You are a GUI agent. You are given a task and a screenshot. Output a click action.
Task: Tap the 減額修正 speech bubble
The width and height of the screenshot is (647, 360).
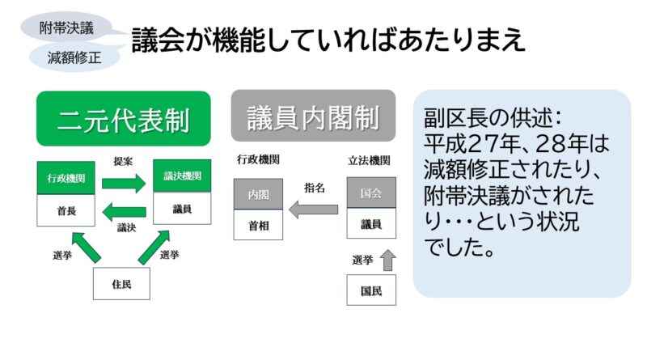tap(74, 57)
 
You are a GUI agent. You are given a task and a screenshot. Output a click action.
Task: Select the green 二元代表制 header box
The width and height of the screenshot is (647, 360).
tap(124, 119)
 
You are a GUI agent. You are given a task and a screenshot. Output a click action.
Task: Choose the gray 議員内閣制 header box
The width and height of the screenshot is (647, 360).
tap(313, 116)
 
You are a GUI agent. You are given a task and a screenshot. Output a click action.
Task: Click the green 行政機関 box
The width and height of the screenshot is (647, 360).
tap(66, 178)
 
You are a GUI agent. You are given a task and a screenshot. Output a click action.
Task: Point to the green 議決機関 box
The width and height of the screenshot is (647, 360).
tap(182, 176)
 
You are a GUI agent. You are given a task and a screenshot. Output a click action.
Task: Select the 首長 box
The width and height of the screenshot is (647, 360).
tap(66, 210)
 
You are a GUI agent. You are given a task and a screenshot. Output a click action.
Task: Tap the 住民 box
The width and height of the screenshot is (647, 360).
tap(121, 284)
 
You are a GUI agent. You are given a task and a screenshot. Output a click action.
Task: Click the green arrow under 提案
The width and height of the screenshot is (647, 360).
tap(124, 183)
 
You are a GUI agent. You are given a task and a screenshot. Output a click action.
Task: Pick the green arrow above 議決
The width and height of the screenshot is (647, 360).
tap(124, 212)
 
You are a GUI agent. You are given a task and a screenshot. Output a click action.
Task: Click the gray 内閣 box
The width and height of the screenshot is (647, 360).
tap(258, 194)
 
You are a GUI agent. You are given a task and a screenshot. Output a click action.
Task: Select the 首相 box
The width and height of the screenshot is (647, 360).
tap(258, 225)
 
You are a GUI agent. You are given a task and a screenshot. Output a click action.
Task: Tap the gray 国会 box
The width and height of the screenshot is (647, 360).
tap(371, 193)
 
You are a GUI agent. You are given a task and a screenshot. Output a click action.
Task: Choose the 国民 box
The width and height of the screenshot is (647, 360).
tap(371, 290)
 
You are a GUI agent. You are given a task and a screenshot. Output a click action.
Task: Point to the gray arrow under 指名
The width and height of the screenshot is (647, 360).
tap(313, 210)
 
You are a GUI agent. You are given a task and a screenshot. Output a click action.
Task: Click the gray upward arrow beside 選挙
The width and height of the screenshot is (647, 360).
tap(387, 260)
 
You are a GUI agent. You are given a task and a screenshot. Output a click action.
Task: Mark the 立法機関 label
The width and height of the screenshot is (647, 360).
tap(369, 160)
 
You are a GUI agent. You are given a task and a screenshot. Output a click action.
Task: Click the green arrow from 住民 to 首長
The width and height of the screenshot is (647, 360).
tap(87, 248)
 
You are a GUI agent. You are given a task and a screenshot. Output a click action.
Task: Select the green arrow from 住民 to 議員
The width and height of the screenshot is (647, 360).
tap(154, 247)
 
